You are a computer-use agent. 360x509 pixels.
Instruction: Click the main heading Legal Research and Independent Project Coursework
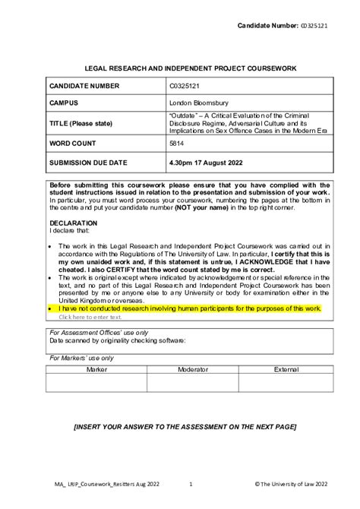(179, 69)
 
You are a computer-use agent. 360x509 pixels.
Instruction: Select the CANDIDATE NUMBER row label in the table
(84, 86)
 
